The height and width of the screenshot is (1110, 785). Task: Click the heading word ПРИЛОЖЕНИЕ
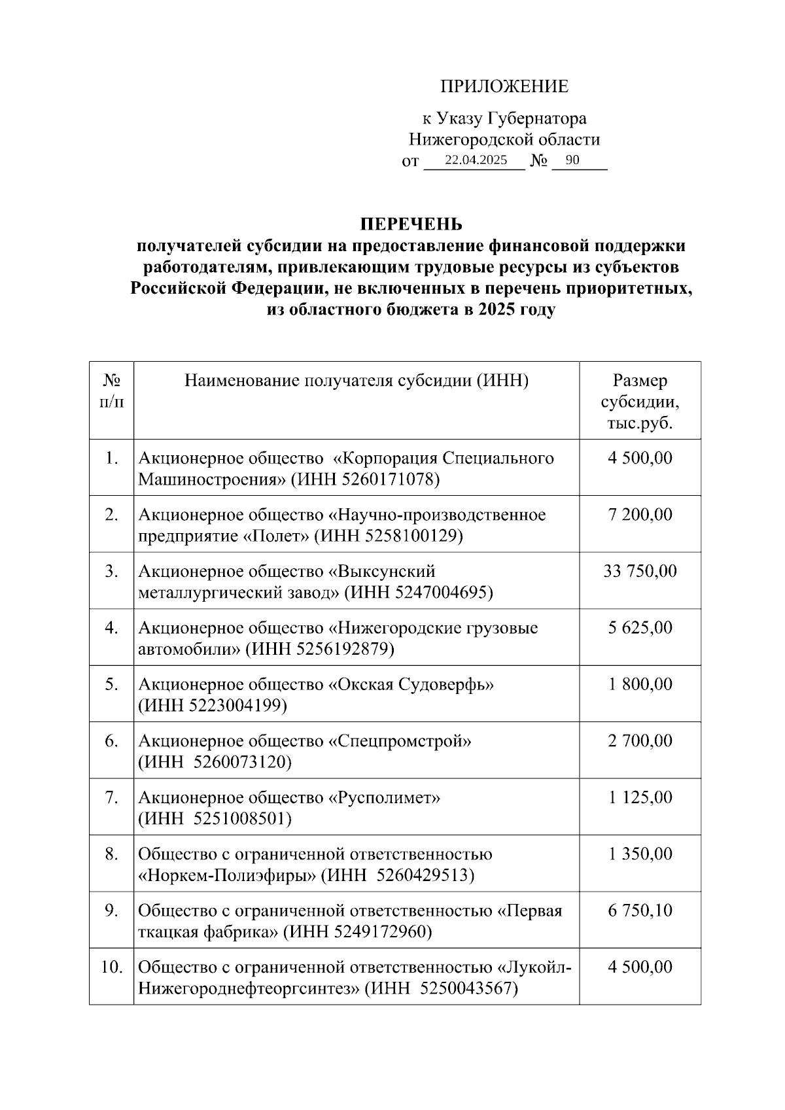tap(504, 86)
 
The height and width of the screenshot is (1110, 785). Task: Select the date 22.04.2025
tap(476, 160)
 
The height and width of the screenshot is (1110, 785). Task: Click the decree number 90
tap(572, 160)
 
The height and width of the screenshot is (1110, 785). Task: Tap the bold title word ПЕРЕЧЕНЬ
tap(411, 224)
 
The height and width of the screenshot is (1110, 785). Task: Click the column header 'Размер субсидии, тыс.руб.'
tap(640, 402)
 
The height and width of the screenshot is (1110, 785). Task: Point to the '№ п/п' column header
tap(111, 391)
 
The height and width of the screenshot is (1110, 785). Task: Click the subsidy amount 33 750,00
tap(640, 571)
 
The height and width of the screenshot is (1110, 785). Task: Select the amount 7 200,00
tap(640, 515)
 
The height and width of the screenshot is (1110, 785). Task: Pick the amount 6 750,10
tap(640, 911)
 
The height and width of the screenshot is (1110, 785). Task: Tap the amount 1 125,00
tap(640, 797)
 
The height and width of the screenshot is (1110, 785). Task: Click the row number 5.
tap(111, 684)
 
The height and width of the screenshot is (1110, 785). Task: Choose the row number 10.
tap(112, 967)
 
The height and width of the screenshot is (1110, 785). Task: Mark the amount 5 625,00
tap(640, 628)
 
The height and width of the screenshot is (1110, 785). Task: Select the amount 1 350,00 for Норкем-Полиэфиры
tap(640, 854)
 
